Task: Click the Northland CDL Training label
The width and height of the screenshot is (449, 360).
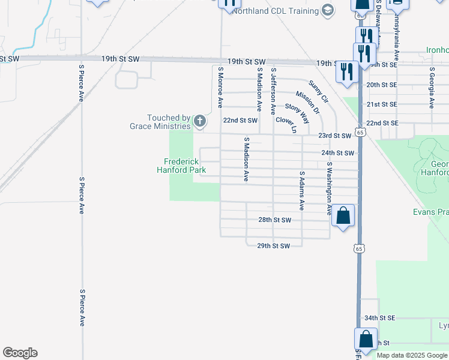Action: point(275,11)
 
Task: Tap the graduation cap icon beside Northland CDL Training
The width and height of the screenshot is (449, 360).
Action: point(327,10)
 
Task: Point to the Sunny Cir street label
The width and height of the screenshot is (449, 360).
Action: point(319,91)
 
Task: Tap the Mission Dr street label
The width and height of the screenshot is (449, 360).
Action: point(307,103)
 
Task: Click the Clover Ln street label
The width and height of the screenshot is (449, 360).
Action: point(286,125)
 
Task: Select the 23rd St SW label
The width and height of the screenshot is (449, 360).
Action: point(334,136)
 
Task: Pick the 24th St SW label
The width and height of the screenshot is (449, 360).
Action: point(337,153)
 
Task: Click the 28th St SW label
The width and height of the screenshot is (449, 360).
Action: point(274,220)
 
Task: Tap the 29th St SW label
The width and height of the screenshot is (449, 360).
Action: point(273,246)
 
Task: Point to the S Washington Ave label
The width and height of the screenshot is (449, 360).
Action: point(329,188)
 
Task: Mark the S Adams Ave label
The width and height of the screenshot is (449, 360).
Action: point(301,191)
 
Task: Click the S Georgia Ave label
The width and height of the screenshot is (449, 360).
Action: point(432,88)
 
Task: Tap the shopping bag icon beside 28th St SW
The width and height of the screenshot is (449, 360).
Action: point(342,216)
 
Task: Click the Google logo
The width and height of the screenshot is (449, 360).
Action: point(20,353)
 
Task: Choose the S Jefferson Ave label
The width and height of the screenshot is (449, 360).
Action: point(273,91)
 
